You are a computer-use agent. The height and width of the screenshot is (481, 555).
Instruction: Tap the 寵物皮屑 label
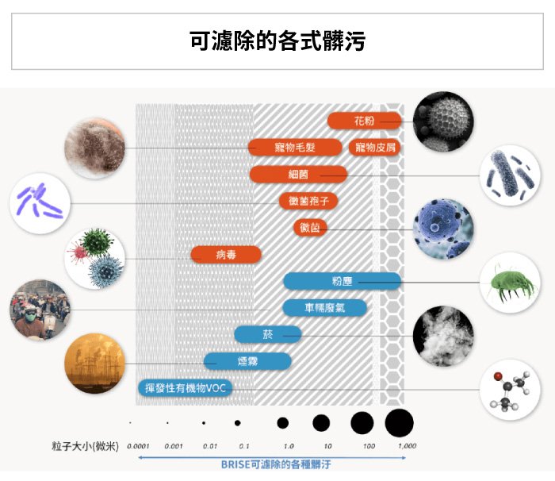(x=375, y=147)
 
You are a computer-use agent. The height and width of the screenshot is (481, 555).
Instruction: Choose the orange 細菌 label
(x=298, y=174)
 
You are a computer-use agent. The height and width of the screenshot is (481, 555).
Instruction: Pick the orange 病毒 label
(x=226, y=254)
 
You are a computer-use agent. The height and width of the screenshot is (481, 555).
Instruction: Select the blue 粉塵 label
(x=342, y=280)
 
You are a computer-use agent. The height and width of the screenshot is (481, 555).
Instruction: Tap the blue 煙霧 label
(x=247, y=361)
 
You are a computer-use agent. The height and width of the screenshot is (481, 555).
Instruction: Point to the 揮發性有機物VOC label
(x=184, y=388)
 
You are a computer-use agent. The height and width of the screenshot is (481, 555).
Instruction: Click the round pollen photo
(x=444, y=121)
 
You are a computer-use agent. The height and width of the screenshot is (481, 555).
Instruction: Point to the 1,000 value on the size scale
(x=406, y=446)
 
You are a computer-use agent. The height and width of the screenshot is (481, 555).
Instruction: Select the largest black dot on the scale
(x=400, y=422)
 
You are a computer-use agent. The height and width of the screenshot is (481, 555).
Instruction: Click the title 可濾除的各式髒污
(x=277, y=41)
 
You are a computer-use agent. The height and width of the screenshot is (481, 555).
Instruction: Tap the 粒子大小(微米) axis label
(x=85, y=446)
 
